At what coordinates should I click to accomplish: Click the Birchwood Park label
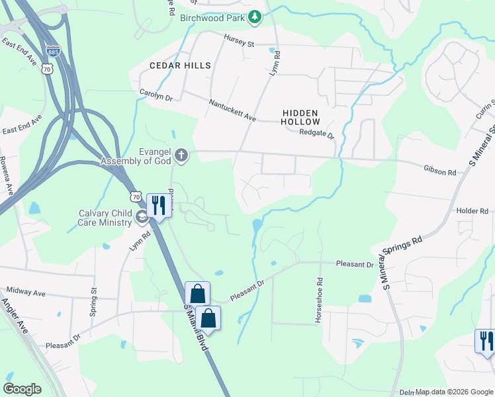click(x=213, y=17)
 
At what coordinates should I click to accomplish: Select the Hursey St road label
click(x=239, y=43)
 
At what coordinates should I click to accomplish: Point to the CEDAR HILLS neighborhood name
click(x=180, y=66)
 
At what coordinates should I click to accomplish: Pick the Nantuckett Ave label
click(x=232, y=110)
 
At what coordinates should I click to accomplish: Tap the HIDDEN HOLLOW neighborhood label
click(x=300, y=118)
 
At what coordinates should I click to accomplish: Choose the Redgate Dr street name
click(x=318, y=132)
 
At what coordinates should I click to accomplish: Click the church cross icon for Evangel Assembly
click(x=181, y=156)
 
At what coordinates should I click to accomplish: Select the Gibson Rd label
click(x=440, y=172)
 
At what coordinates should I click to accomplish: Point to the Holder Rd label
click(x=472, y=210)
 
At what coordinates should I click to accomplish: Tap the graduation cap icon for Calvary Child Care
click(x=141, y=217)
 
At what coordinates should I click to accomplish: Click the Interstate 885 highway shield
click(x=52, y=51)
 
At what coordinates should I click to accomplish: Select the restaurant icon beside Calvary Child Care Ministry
click(x=157, y=205)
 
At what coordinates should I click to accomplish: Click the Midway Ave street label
click(x=25, y=291)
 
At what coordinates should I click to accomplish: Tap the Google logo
click(x=22, y=389)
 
